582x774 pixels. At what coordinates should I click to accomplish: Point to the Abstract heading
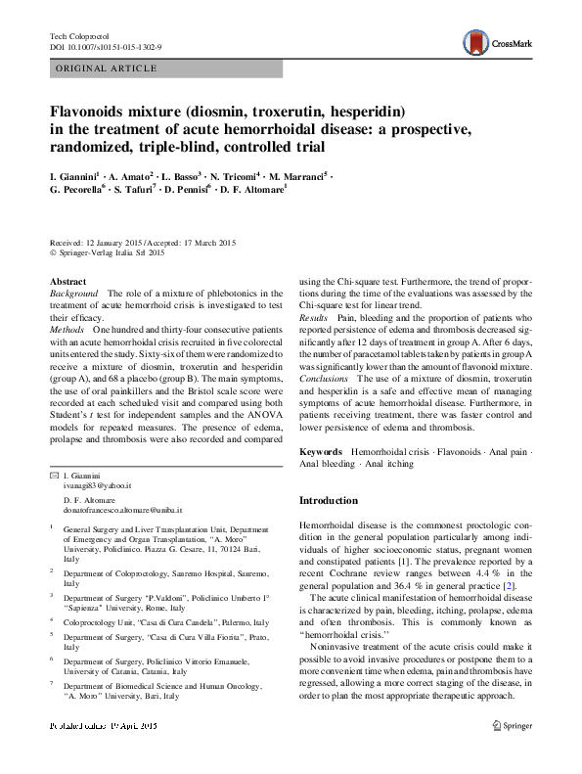67,281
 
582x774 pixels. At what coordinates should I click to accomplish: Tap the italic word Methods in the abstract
67,333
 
